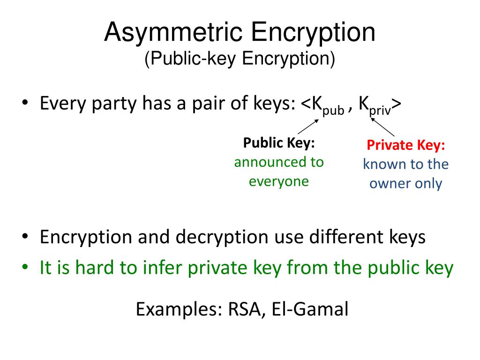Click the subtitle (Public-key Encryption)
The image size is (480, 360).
(240, 59)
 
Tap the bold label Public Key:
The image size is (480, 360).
(279, 143)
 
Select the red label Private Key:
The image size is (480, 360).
(406, 145)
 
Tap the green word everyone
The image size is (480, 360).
(279, 181)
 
